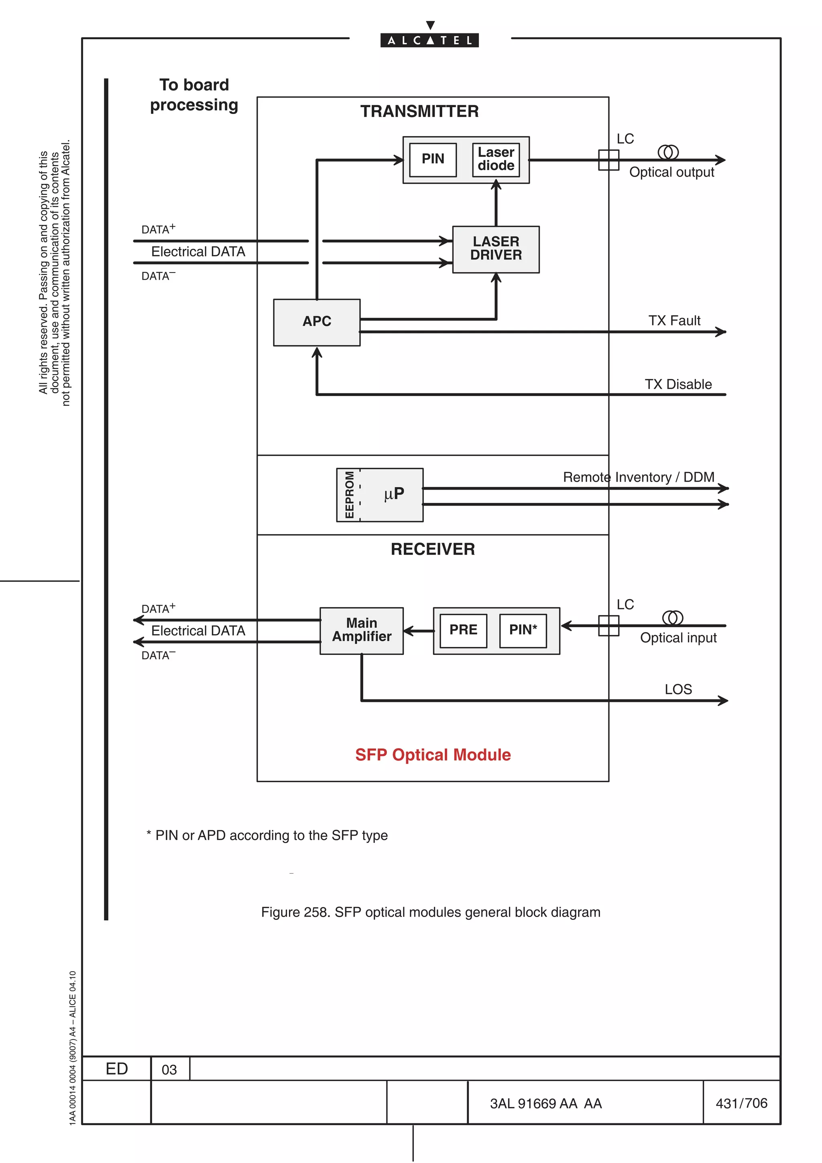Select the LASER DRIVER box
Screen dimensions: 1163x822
[495, 249]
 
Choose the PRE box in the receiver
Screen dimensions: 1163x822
[463, 630]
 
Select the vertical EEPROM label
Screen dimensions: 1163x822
[349, 494]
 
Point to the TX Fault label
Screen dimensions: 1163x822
[674, 320]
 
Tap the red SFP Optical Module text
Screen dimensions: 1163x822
[433, 755]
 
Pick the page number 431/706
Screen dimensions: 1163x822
[741, 1103]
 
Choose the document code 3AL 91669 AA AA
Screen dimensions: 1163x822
[545, 1103]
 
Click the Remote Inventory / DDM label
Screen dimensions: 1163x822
[638, 477]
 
